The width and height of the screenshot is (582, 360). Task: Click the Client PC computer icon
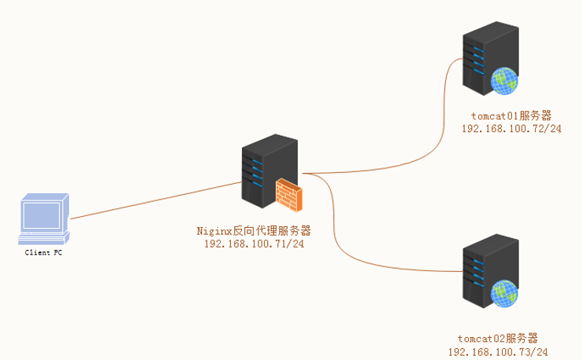[44, 219]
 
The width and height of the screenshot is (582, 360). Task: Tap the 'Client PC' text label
[43, 253]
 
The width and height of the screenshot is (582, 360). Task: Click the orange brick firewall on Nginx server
[288, 195]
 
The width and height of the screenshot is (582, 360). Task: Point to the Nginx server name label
[254, 231]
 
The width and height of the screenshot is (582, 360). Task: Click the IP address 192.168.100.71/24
[254, 244]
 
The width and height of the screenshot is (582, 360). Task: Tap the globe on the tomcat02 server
[504, 293]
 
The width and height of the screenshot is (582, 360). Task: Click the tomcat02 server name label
[498, 339]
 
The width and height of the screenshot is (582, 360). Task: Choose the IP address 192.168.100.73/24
[498, 351]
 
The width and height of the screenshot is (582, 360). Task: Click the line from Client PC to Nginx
[157, 199]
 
